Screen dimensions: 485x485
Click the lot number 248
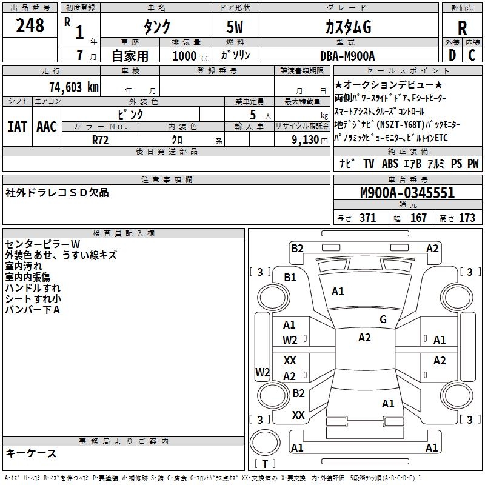click(x=31, y=25)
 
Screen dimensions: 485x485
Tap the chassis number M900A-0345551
click(x=407, y=193)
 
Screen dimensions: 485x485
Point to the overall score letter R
click(x=463, y=27)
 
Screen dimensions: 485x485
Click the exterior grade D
click(x=452, y=55)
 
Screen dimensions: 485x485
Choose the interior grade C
click(x=472, y=55)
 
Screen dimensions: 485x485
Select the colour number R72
click(x=101, y=138)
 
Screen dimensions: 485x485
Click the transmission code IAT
click(x=17, y=126)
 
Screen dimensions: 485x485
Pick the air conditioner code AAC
click(x=46, y=126)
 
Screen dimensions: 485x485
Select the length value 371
click(x=367, y=218)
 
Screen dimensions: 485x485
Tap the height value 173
click(x=467, y=218)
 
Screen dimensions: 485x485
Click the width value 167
click(x=418, y=218)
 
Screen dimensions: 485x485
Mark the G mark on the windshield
click(x=383, y=319)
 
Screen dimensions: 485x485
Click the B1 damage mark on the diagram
click(x=290, y=277)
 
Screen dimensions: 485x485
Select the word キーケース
click(x=32, y=453)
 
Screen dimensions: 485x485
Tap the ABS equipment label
click(x=390, y=164)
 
